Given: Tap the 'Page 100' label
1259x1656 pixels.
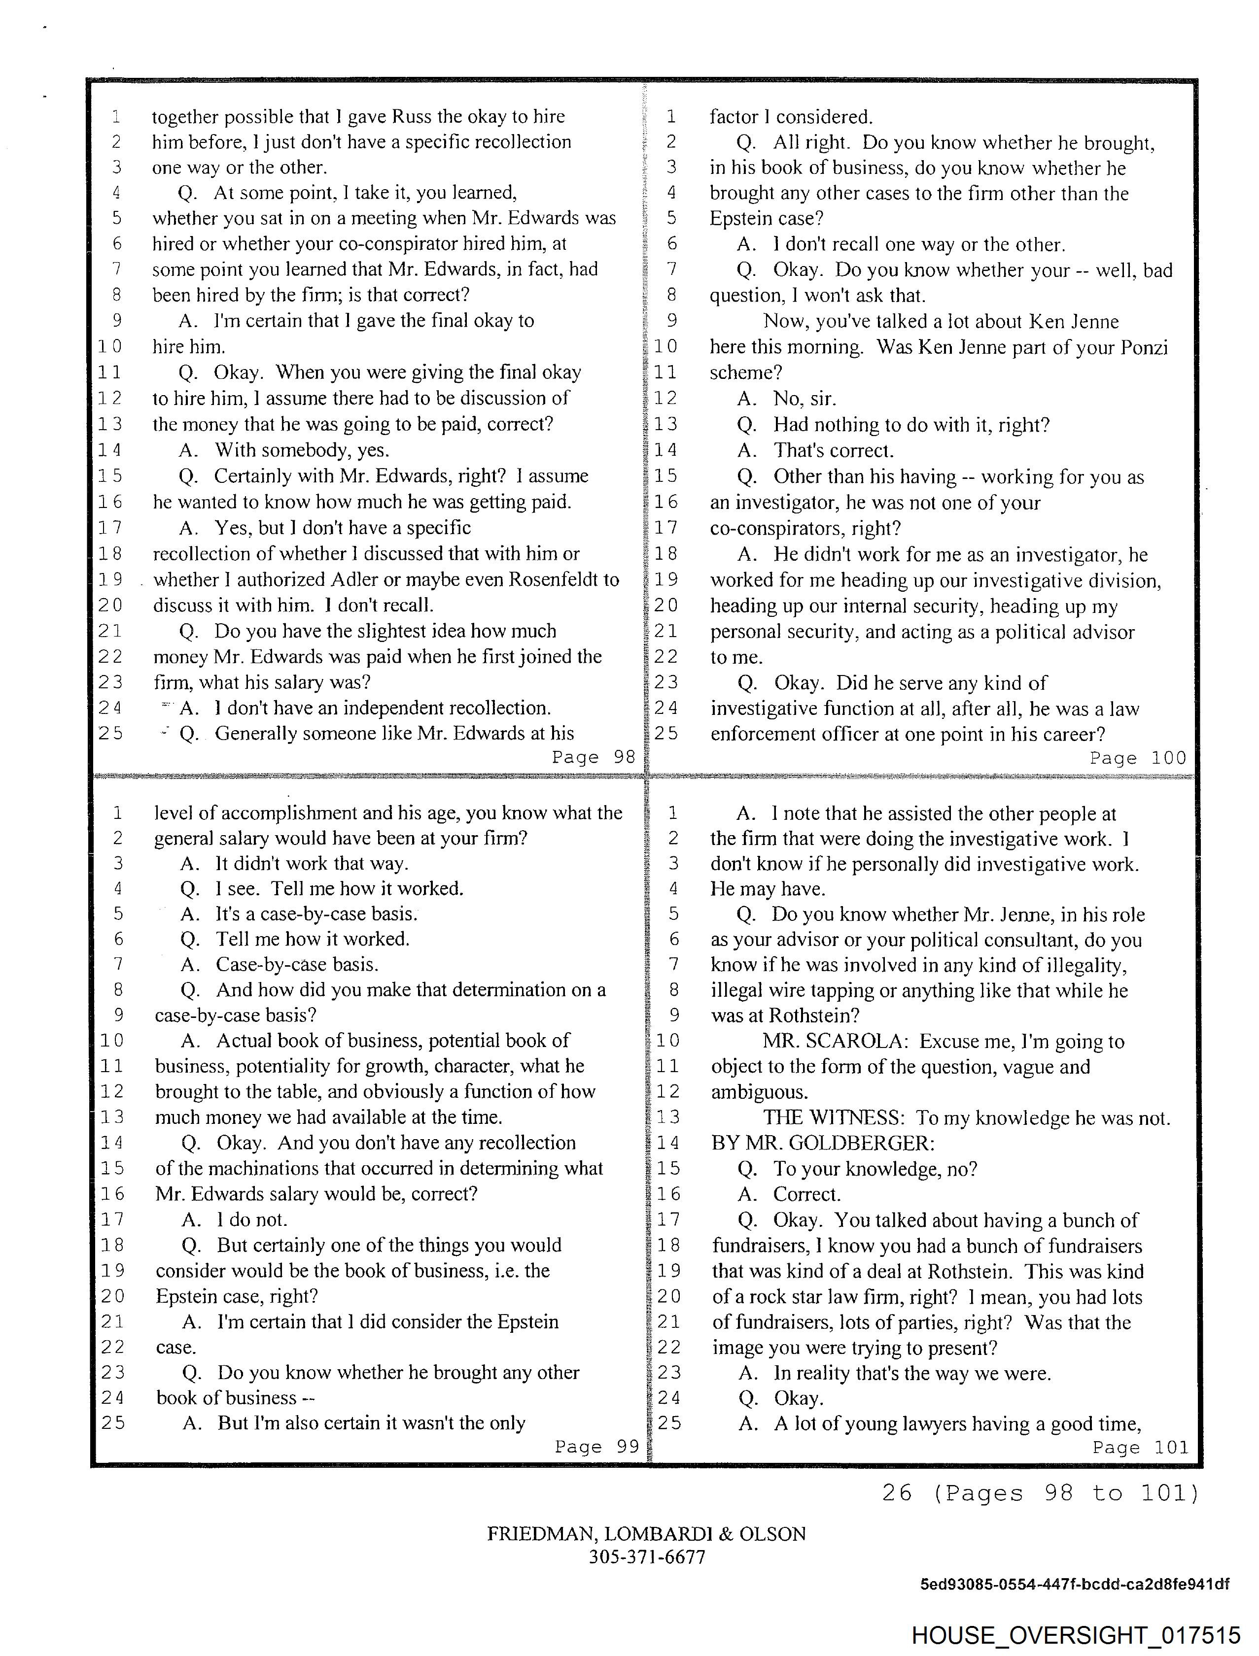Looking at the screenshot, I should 1138,757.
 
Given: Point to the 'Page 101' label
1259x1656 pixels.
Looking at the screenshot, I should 1140,1447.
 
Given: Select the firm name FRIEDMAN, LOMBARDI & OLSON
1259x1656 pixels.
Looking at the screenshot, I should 646,1533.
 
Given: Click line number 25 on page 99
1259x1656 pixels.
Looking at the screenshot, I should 113,1421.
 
